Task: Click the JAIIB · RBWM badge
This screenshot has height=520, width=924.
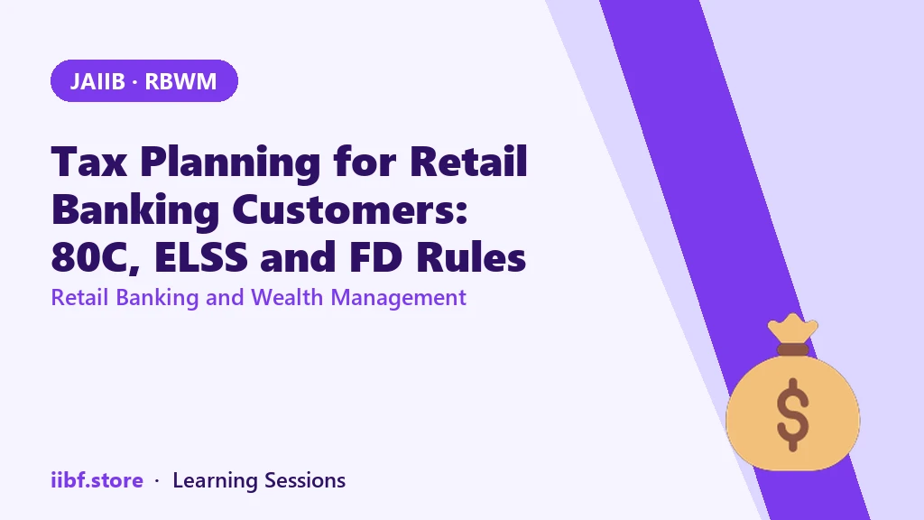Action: pos(144,80)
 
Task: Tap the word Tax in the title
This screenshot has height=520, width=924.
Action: pos(89,162)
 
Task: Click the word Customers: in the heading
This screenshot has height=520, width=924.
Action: pos(350,209)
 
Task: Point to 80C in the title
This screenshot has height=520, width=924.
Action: pos(96,257)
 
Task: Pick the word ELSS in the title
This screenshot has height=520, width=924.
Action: pos(201,257)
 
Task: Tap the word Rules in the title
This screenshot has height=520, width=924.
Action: pos(471,257)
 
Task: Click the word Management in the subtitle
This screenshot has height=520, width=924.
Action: pos(398,298)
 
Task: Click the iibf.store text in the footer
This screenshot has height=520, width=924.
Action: pos(97,480)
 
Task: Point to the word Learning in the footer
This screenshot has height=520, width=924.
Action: pos(215,481)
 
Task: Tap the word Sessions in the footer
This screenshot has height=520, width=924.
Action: pos(305,480)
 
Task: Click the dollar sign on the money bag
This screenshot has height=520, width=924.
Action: pos(792,414)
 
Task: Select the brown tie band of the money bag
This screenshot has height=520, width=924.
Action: pos(792,349)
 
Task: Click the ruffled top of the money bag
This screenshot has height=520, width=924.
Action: pos(792,328)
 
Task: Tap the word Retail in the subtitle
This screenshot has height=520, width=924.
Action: pos(79,297)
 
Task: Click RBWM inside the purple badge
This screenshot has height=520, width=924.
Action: pos(180,81)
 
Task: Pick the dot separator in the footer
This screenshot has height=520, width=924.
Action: pos(157,481)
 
